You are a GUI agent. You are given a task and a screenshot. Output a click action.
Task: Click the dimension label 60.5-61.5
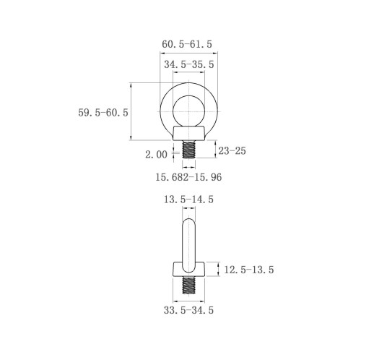tap(187, 44)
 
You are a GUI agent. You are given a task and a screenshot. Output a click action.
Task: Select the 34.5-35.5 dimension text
tap(189, 64)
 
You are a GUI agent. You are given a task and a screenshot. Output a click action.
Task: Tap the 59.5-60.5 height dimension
tap(103, 113)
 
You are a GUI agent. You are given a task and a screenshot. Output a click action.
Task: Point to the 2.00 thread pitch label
tap(156, 155)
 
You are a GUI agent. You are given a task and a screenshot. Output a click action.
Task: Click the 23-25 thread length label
tap(232, 151)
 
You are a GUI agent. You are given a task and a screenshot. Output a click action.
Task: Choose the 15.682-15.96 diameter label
tap(188, 177)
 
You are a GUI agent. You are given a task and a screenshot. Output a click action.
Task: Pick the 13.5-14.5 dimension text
tap(188, 200)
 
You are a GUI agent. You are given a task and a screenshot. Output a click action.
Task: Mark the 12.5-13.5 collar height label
tap(249, 270)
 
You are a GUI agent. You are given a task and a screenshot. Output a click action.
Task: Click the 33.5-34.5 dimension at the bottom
tap(188, 310)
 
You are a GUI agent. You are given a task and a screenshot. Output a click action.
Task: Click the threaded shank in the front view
tap(189, 150)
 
